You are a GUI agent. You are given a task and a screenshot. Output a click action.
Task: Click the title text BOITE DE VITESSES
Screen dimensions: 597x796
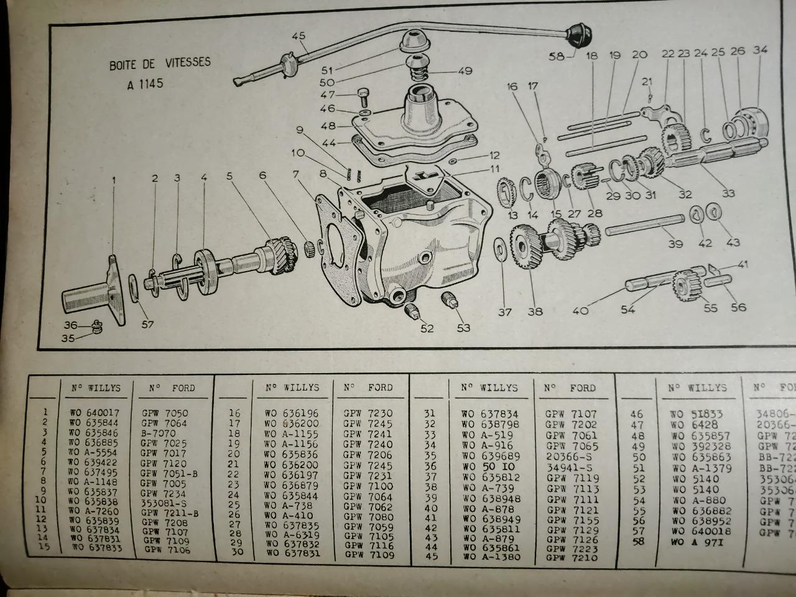160,63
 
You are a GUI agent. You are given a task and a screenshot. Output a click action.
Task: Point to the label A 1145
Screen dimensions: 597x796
145,83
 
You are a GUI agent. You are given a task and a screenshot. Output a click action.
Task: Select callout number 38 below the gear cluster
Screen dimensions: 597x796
535,312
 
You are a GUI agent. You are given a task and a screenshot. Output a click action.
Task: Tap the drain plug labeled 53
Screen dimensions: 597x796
450,302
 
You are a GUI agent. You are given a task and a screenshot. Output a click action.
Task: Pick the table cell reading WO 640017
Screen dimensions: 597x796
94,412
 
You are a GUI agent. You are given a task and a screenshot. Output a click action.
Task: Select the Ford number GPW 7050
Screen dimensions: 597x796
164,412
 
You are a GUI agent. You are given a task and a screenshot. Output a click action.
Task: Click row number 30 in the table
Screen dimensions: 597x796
236,552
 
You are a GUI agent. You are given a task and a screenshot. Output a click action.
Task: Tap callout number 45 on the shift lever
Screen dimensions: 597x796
299,36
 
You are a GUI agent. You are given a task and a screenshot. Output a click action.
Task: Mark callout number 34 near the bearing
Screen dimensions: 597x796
760,50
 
